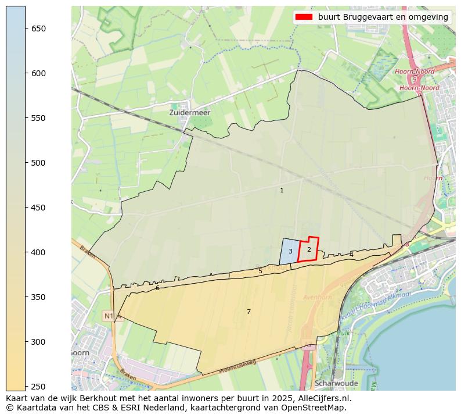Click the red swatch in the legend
point(304,17)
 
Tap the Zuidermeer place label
point(190,112)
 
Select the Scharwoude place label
point(337,384)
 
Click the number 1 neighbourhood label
point(282,190)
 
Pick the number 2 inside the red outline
point(309,249)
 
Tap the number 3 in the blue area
point(290,251)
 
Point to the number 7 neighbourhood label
point(248,312)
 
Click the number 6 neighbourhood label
point(157,288)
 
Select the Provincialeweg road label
point(237,366)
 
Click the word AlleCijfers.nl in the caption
point(322,399)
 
